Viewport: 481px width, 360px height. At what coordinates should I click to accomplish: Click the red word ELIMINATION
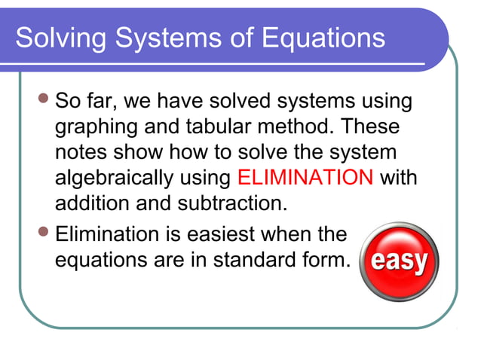(305, 178)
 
